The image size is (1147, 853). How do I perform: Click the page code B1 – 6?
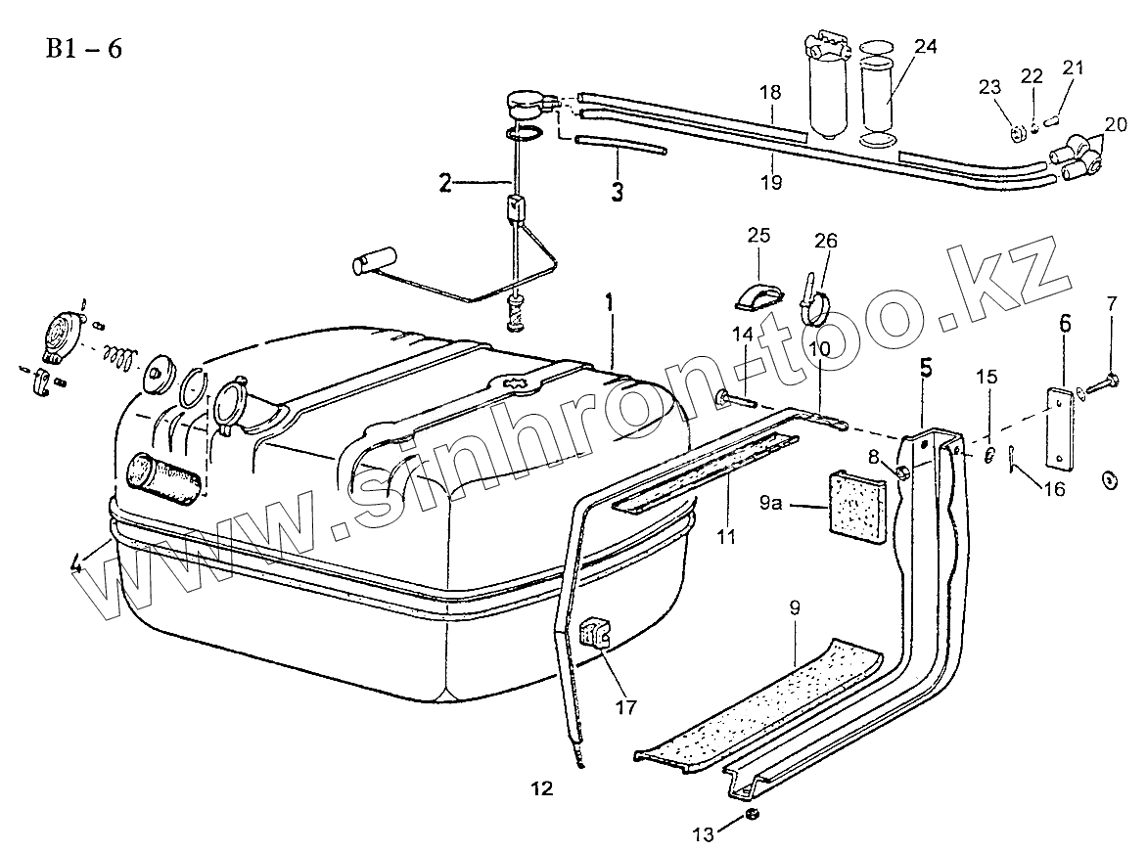click(83, 49)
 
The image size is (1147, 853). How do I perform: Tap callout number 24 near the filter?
click(926, 45)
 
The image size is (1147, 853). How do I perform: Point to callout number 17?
click(624, 705)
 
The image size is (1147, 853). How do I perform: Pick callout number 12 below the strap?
click(542, 787)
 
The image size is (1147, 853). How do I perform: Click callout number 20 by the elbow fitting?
click(1116, 124)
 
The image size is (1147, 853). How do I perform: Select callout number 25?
click(758, 235)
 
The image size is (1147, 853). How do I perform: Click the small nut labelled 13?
click(752, 815)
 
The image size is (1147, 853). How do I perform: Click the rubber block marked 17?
click(595, 635)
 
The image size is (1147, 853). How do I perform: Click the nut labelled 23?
click(1014, 127)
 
